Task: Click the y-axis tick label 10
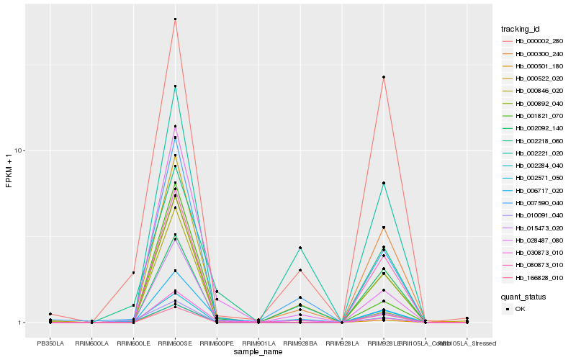(19, 150)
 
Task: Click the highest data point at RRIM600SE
(175, 19)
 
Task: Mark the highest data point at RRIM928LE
(384, 77)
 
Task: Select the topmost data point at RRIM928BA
(300, 248)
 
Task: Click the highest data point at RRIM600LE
(133, 273)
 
